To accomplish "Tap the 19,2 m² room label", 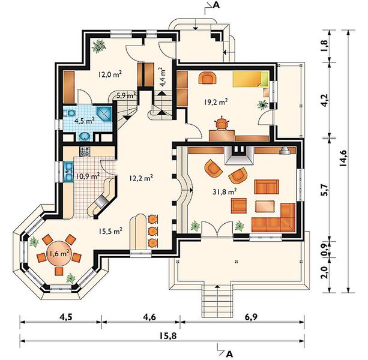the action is coord(215,102).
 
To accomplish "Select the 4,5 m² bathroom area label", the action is coord(84,121).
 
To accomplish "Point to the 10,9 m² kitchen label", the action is coord(88,176).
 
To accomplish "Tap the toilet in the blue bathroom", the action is coord(69,113).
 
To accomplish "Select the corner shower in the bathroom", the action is coord(104,114).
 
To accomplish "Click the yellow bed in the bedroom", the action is coord(250,79).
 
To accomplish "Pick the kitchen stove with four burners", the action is coord(85,151).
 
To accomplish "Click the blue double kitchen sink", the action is coord(69,172).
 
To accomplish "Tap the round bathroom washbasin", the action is coord(85,137).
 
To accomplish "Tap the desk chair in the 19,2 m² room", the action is coord(222,123).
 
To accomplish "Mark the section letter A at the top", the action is coord(216,5).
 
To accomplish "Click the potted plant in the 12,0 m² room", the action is coord(99,46).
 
